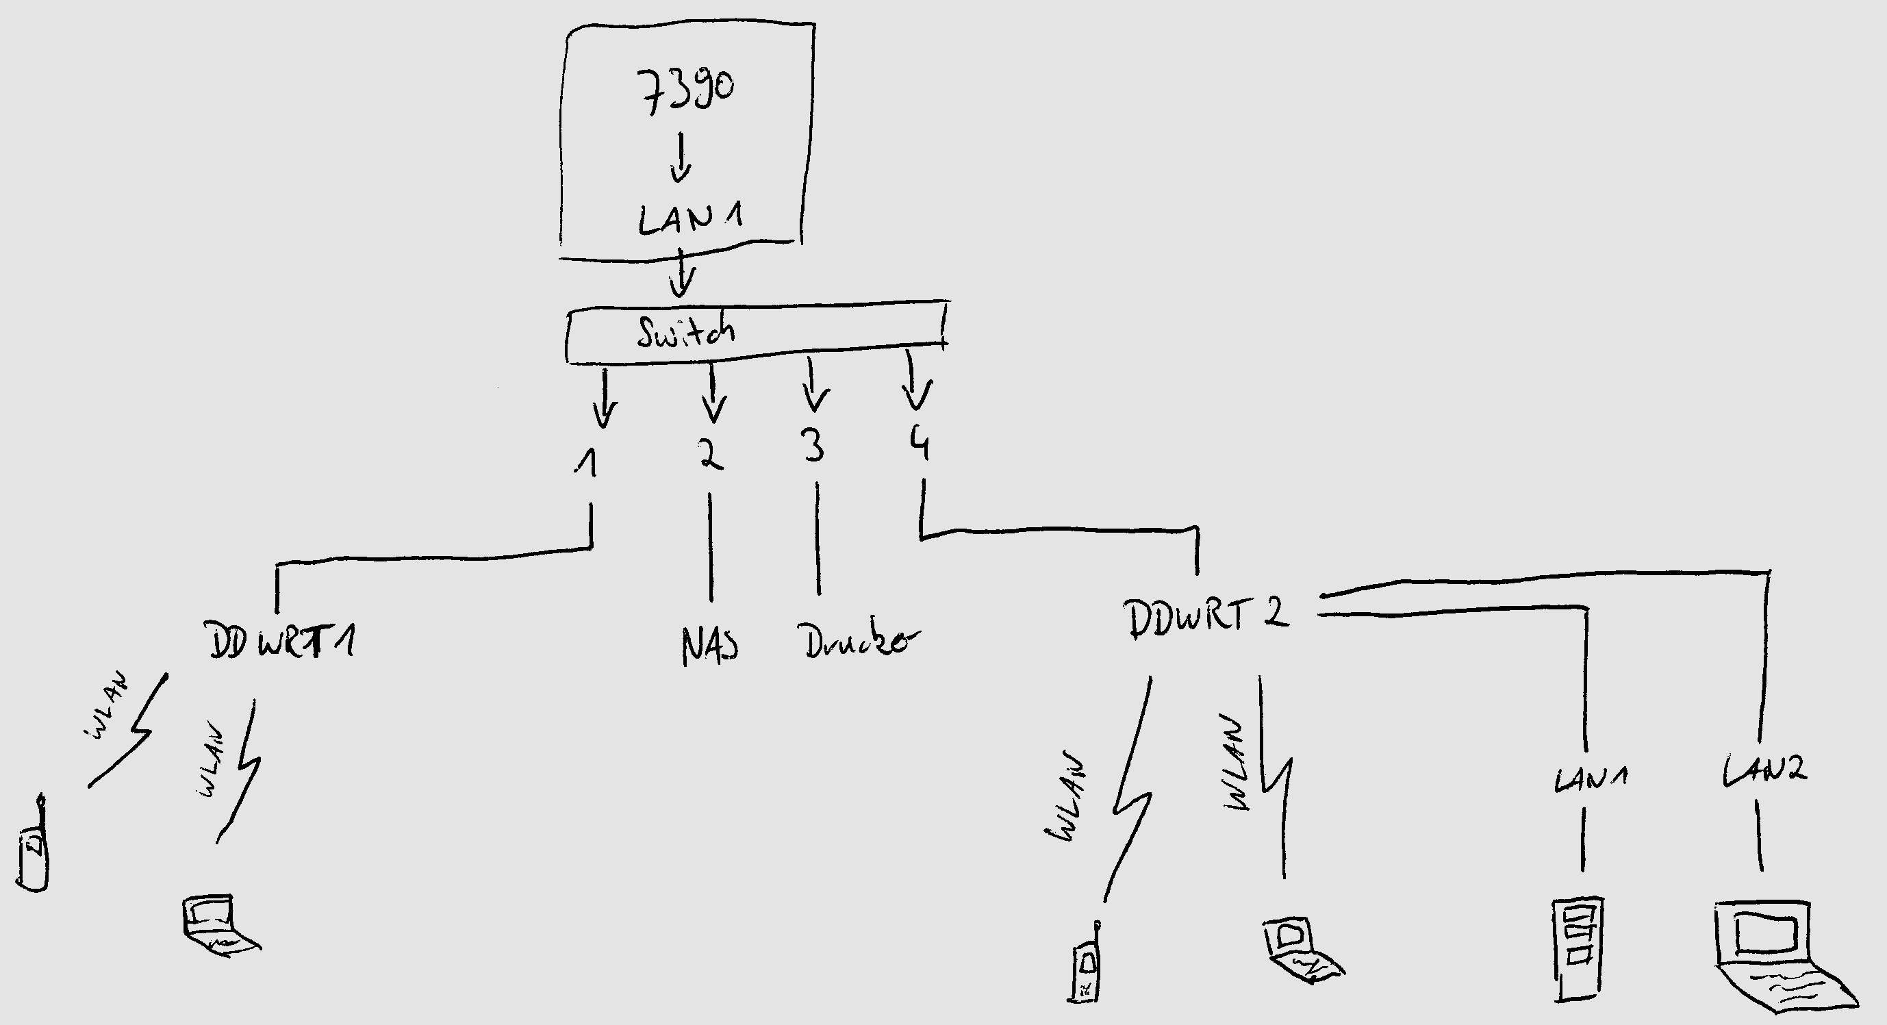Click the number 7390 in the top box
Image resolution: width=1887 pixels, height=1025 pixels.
pos(684,92)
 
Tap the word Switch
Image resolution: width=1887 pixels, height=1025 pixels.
pos(685,333)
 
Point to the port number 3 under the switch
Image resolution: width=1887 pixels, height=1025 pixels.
pos(813,445)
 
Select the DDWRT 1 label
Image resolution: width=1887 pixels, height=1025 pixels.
pos(282,640)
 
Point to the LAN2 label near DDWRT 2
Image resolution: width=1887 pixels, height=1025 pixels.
pos(1764,770)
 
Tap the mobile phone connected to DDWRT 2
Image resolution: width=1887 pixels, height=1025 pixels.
pos(1086,966)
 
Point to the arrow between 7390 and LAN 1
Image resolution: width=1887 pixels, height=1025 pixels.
pos(681,157)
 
